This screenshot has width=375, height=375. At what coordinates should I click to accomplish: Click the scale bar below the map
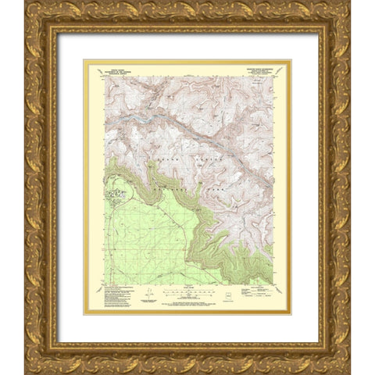click(x=187, y=292)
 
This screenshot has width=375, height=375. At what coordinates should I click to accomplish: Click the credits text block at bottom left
click(x=113, y=295)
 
